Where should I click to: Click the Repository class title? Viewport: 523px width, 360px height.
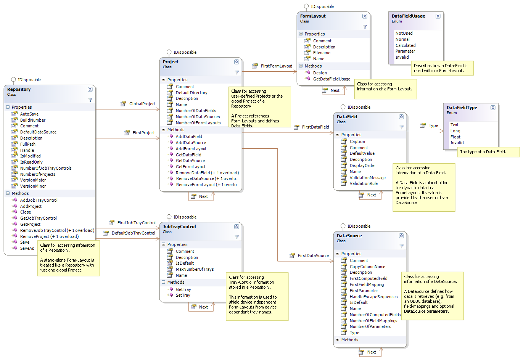[x=19, y=89]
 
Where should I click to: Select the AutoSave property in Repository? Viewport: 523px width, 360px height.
[x=29, y=114]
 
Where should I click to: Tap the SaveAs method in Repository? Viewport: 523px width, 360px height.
[x=27, y=248]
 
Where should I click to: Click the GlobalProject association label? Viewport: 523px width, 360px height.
[x=142, y=104]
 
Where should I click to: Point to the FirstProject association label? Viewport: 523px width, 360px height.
[x=143, y=133]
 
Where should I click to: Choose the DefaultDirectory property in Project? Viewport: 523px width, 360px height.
[x=191, y=93]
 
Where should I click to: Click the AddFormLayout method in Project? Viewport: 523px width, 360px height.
[x=191, y=149]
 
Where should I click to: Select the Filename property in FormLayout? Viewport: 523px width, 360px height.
[x=322, y=53]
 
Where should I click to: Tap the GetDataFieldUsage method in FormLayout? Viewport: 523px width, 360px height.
[x=331, y=79]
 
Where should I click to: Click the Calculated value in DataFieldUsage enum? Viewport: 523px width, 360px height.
[x=406, y=45]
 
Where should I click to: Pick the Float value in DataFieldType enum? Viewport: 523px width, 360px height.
[x=455, y=137]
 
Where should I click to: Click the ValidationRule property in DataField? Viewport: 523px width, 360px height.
[x=364, y=183]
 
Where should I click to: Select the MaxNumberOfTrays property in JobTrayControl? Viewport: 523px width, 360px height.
[x=195, y=269]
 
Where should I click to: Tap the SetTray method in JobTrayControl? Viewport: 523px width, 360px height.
[x=183, y=295]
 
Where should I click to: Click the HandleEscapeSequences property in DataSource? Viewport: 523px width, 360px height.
[x=373, y=297]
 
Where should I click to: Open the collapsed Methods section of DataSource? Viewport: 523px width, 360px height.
[x=337, y=340]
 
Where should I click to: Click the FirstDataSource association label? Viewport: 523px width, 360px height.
[x=313, y=256]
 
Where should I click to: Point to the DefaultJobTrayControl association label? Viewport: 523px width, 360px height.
[x=133, y=233]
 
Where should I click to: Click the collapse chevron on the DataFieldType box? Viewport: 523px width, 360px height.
[x=493, y=108]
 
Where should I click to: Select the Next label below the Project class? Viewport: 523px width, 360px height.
[x=203, y=196]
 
